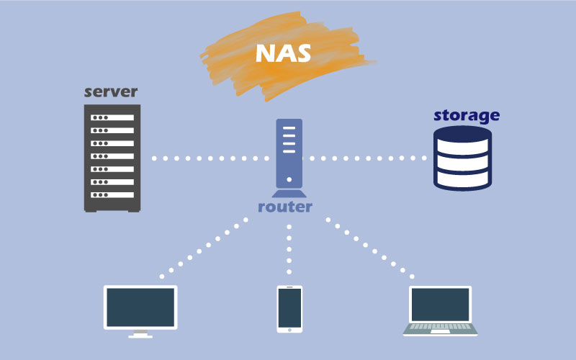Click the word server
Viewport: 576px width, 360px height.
(111, 92)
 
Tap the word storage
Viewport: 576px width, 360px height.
(466, 115)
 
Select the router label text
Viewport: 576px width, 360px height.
(286, 207)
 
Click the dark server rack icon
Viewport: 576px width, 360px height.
(112, 158)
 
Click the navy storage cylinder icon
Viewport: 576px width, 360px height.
(463, 158)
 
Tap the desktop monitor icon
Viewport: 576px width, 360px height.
(140, 307)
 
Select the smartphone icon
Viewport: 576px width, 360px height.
(289, 309)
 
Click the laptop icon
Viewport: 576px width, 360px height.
(441, 310)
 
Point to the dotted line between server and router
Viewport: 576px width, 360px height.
(209, 158)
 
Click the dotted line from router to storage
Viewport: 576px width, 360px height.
(367, 158)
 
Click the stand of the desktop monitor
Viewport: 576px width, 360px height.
(140, 333)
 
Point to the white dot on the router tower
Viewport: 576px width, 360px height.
(289, 180)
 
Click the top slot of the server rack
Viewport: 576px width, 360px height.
(112, 117)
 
